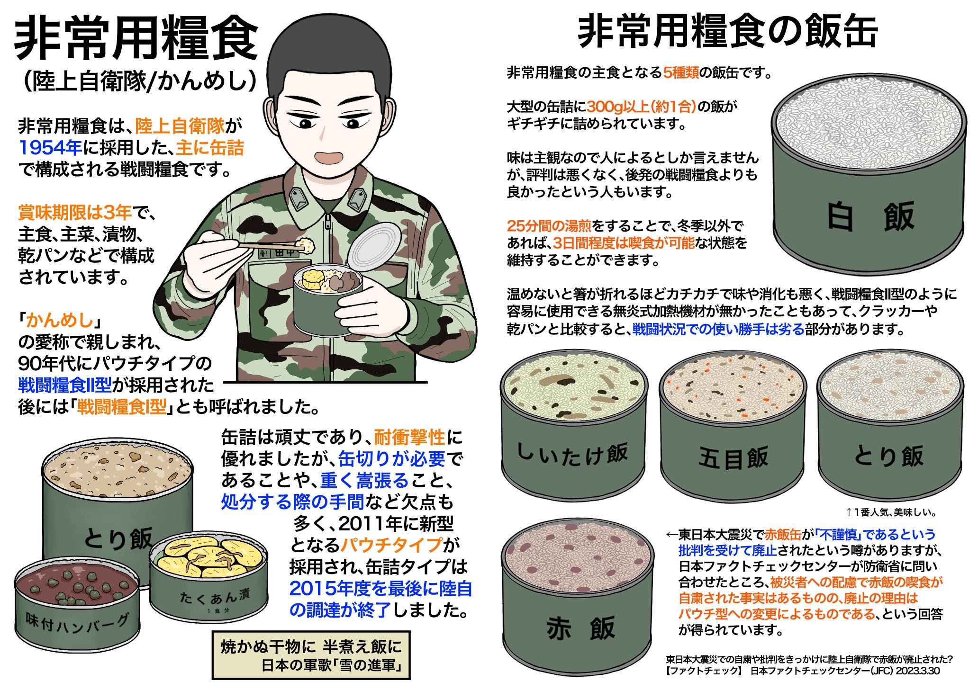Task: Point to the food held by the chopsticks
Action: coord(307,244)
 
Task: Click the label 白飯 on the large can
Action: coord(870,217)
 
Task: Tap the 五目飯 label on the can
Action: coord(733,458)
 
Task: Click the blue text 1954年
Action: coord(51,148)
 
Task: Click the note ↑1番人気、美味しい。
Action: coord(891,512)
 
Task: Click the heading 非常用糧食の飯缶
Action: coord(728,32)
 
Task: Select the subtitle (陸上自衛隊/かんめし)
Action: coord(140,81)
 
